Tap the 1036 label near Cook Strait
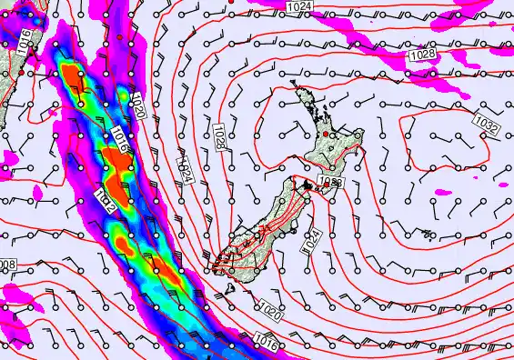331,184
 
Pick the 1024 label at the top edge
297,6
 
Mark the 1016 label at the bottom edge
265,343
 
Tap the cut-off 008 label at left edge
7,265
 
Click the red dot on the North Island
330,135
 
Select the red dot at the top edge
232,3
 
